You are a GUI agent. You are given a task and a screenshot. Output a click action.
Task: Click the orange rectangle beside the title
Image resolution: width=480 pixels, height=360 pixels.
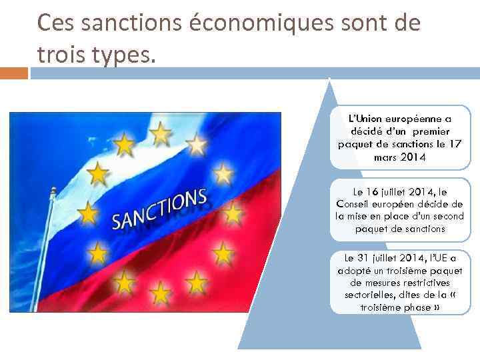13,73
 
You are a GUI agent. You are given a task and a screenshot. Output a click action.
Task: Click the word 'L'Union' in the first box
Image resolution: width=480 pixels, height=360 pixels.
364,119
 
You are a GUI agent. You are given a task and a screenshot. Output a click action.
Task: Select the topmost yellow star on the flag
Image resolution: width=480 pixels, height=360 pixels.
160,134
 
